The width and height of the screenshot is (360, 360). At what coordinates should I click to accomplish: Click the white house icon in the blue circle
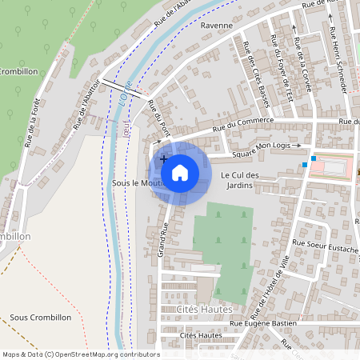pyautogui.click(x=180, y=171)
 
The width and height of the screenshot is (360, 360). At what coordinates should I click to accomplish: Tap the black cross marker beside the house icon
pyautogui.click(x=164, y=159)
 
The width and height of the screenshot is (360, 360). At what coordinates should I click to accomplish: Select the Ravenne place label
pyautogui.click(x=217, y=26)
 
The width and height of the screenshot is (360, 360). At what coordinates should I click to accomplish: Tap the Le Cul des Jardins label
pyautogui.click(x=238, y=180)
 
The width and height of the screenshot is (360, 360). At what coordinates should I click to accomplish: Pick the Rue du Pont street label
pyautogui.click(x=163, y=113)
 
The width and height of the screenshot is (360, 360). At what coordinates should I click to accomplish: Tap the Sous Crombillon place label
pyautogui.click(x=41, y=318)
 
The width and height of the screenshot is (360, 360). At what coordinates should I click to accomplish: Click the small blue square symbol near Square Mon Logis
pyautogui.click(x=305, y=165)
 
